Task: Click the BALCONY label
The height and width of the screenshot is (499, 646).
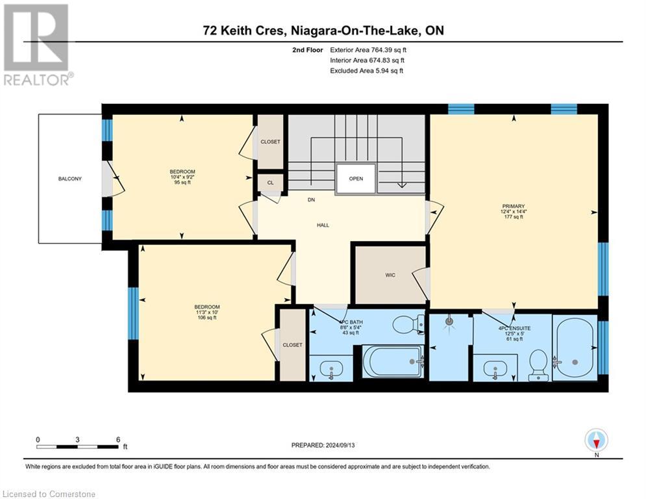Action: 69,179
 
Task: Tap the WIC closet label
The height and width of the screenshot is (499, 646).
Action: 390,275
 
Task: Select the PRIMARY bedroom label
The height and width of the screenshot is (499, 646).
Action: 514,206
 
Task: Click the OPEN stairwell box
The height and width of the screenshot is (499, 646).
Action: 356,179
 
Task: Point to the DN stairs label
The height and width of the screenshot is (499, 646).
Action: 311,199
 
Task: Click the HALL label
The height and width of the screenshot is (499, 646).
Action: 323,225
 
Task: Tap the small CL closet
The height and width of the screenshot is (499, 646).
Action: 270,183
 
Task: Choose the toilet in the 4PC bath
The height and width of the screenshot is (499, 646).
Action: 408,324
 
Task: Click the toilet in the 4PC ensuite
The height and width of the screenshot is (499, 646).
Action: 538,365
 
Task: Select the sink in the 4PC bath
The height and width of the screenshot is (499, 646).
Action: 331,368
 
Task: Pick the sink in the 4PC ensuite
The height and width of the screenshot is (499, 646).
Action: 495,368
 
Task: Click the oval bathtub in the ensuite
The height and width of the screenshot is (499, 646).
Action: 575,346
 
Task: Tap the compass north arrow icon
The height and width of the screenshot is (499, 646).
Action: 596,441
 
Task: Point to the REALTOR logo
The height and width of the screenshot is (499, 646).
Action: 36,45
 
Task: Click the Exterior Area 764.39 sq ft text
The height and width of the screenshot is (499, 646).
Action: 368,50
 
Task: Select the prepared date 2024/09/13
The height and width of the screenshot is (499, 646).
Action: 340,445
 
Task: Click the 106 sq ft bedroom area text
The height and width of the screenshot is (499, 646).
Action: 207,318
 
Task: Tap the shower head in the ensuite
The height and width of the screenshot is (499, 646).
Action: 450,320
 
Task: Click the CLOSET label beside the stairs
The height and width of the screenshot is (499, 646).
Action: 270,142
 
